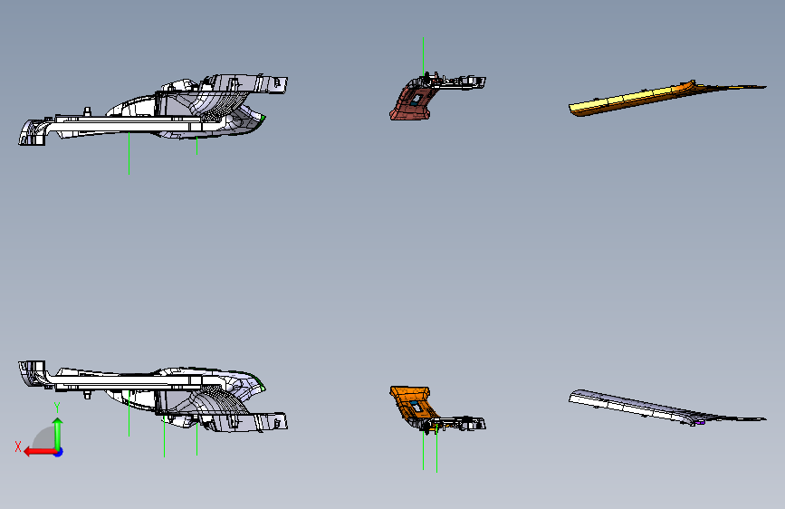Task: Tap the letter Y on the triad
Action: pos(57,407)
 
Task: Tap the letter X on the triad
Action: pos(17,447)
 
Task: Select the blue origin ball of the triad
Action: pos(58,451)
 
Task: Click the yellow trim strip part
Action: pos(634,99)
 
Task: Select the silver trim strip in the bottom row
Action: pos(634,405)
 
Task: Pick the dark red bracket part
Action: pos(409,102)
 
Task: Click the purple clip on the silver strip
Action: pos(696,421)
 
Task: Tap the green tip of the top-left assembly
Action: pos(262,118)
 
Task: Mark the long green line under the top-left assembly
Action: pos(129,154)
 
